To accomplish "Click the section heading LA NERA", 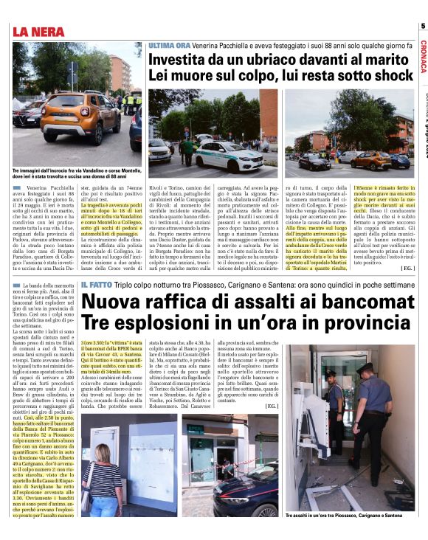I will point(41,31).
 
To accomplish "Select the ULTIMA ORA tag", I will point(172,46).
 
